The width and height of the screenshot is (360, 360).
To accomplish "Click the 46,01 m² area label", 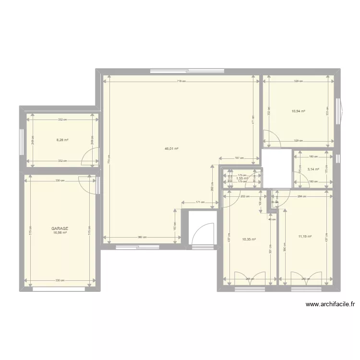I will click(171, 149).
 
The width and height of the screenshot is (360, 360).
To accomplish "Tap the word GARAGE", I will click(60, 229).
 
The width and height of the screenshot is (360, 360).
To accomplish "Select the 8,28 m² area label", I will click(62, 140).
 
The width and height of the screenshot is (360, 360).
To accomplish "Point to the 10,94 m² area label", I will click(299, 111).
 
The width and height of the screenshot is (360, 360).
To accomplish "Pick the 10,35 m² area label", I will click(249, 239).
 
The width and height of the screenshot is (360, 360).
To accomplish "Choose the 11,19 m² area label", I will click(305, 236).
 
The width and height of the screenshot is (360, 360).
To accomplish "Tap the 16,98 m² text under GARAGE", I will click(60, 233).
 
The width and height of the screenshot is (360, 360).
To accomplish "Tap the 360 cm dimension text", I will click(142, 237).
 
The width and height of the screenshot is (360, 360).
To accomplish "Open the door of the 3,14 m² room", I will click(301, 180).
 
